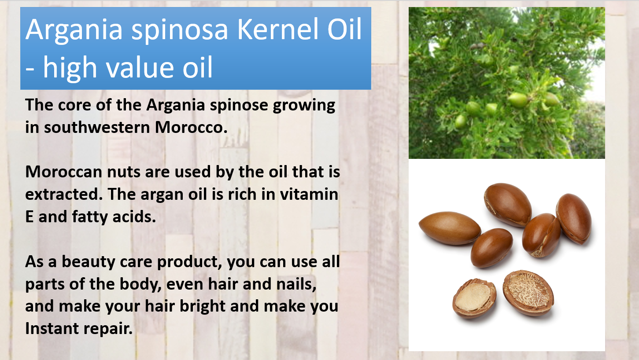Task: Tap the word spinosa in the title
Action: [180, 31]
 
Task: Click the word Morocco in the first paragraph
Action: [191, 127]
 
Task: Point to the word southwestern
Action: [97, 127]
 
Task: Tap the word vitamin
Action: [309, 195]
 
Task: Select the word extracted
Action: [64, 195]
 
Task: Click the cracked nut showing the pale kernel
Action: [474, 298]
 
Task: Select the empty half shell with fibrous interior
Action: [528, 293]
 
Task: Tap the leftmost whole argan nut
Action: [450, 228]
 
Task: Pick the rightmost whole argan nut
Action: [574, 218]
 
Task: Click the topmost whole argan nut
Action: [508, 205]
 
